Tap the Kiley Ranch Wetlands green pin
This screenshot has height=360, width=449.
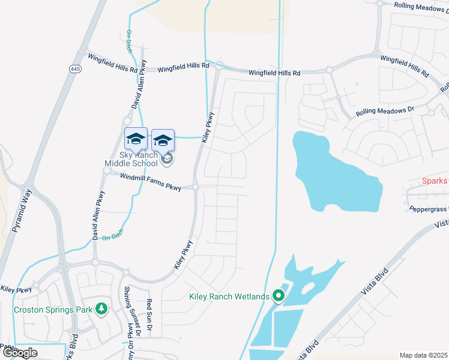click(x=278, y=296)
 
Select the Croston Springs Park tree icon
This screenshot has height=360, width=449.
click(x=102, y=309)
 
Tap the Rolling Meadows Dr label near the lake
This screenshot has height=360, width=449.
click(x=385, y=111)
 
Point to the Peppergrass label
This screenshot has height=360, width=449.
click(x=429, y=209)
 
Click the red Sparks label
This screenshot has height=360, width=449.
click(x=435, y=181)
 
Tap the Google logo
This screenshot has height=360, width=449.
click(x=20, y=353)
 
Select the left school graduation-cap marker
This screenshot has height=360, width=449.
click(x=136, y=139)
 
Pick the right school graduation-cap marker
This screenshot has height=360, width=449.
click(x=163, y=140)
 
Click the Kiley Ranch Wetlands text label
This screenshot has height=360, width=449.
click(x=229, y=296)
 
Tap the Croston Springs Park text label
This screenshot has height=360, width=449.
click(x=53, y=310)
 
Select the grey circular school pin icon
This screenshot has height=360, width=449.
click(x=167, y=158)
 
